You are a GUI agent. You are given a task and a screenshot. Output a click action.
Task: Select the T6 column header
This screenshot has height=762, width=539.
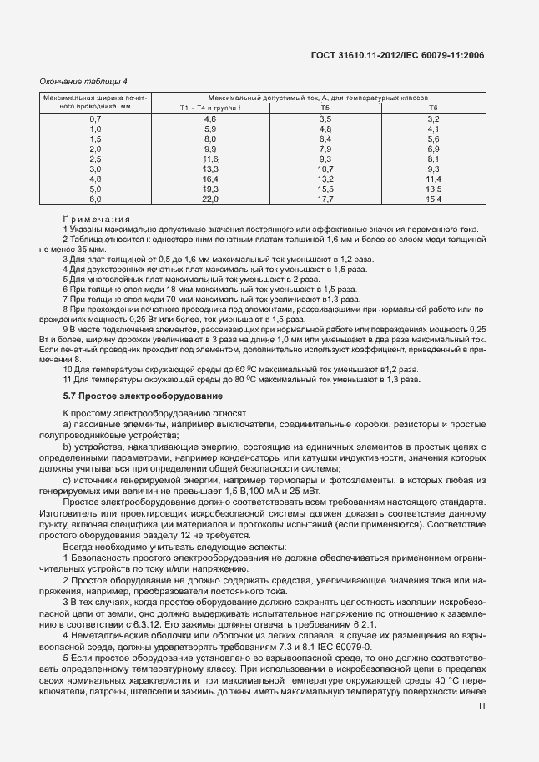click(433, 108)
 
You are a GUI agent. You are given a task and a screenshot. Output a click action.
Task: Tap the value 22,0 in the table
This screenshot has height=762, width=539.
click(209, 199)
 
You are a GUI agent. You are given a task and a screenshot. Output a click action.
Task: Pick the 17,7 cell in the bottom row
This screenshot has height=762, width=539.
click(325, 199)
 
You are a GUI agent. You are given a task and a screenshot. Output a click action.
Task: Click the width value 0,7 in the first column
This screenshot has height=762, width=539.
click(95, 119)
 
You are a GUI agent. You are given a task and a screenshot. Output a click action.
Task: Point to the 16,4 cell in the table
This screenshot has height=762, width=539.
click(209, 179)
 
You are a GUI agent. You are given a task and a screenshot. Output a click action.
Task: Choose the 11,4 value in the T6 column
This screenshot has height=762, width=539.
click(433, 179)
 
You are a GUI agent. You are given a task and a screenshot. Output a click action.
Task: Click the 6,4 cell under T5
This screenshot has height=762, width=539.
click(325, 139)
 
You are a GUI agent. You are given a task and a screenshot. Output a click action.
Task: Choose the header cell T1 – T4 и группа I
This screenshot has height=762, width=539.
click(209, 108)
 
